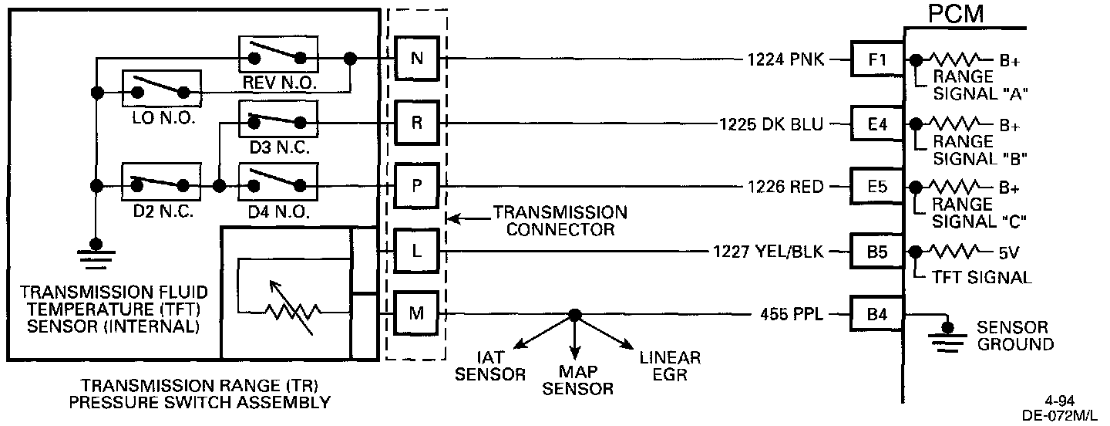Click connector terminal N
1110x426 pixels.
(x=417, y=59)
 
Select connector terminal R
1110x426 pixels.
(x=417, y=123)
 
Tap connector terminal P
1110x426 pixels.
(x=417, y=187)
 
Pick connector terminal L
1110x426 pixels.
(x=417, y=251)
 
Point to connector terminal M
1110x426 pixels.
(x=417, y=314)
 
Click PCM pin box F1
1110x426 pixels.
(x=877, y=59)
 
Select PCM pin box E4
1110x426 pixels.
(x=877, y=123)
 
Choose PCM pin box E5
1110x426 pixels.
(x=877, y=187)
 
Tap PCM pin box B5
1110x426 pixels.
(x=877, y=251)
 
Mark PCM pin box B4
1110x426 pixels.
(x=877, y=314)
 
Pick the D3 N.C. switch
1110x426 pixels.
(x=278, y=119)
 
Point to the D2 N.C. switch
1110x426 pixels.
(x=162, y=183)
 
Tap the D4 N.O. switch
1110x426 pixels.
(x=278, y=183)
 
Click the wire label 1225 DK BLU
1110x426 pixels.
(x=771, y=123)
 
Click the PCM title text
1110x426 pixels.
(x=956, y=14)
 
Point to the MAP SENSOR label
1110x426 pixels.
(x=577, y=380)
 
